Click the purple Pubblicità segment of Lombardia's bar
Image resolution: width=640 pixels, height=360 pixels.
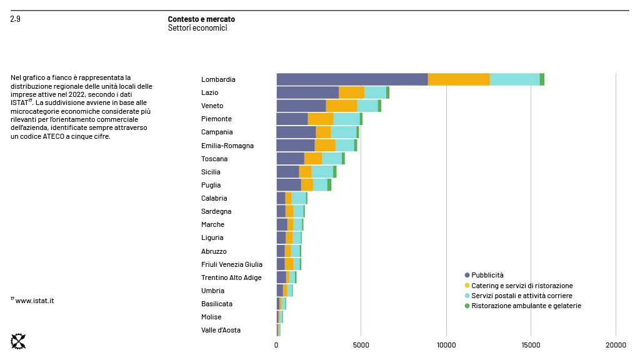[x=352, y=79]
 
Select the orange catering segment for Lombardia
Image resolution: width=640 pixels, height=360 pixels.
[x=459, y=79]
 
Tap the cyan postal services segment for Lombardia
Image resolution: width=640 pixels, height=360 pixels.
[x=514, y=79]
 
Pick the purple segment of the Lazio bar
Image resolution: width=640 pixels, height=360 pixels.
[x=307, y=92]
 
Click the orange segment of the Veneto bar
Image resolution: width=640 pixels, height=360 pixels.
[x=341, y=106]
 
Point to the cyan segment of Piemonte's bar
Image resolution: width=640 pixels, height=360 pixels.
[x=346, y=119]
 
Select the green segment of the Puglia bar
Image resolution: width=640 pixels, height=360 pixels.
[x=329, y=185]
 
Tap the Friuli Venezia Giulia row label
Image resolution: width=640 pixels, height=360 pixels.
[x=232, y=264]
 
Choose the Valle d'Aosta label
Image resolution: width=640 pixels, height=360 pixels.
[x=221, y=330]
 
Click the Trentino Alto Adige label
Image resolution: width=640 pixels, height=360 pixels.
[x=231, y=277]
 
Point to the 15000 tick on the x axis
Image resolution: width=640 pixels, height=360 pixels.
[x=531, y=344]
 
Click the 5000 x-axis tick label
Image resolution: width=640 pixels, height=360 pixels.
[x=361, y=344]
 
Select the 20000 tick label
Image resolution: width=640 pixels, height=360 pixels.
[x=616, y=344]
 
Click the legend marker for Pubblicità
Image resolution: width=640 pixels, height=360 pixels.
[x=467, y=275]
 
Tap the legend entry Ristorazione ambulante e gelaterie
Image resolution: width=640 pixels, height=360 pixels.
[x=526, y=306]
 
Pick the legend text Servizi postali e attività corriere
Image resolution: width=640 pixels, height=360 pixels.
[x=521, y=296]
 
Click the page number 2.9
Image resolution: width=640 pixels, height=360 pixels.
[x=16, y=19]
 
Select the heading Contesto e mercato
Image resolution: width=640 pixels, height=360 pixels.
[x=201, y=19]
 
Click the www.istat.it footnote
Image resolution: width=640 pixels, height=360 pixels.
[x=34, y=301]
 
